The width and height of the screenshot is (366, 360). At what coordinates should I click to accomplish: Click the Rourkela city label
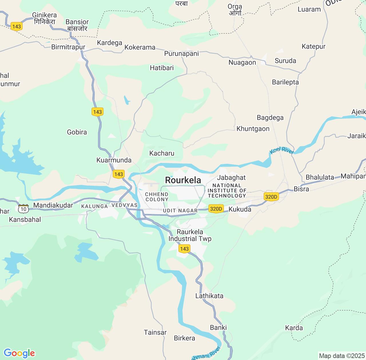183,180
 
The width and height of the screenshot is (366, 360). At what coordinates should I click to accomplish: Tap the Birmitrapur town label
68,47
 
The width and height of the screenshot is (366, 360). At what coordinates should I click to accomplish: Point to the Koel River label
282,150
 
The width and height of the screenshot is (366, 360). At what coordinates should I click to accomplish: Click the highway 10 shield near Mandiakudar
23,209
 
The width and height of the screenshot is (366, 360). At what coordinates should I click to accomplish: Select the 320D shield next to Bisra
271,197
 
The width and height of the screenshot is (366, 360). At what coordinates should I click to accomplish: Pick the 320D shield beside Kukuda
216,209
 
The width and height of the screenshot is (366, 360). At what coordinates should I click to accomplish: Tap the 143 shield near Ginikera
17,27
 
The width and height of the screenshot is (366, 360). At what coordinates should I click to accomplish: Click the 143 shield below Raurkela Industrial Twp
184,249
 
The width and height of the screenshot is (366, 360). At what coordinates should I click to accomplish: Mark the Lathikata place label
209,296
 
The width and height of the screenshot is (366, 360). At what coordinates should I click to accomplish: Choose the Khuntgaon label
253,129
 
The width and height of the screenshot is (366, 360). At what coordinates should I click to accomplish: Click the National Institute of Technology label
227,191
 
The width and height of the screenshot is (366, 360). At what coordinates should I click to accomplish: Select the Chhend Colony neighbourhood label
157,197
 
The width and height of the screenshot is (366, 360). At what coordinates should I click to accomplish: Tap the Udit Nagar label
180,211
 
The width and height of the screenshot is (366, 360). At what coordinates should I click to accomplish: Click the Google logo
19,353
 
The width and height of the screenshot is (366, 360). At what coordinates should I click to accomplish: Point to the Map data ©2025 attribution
342,356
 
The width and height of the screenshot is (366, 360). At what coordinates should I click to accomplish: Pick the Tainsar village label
155,333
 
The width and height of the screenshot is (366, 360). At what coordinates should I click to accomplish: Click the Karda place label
294,328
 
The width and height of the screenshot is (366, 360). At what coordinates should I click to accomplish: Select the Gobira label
77,132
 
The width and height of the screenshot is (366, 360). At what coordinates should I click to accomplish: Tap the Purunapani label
181,54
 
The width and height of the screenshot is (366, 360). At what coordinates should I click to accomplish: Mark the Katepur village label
313,47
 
